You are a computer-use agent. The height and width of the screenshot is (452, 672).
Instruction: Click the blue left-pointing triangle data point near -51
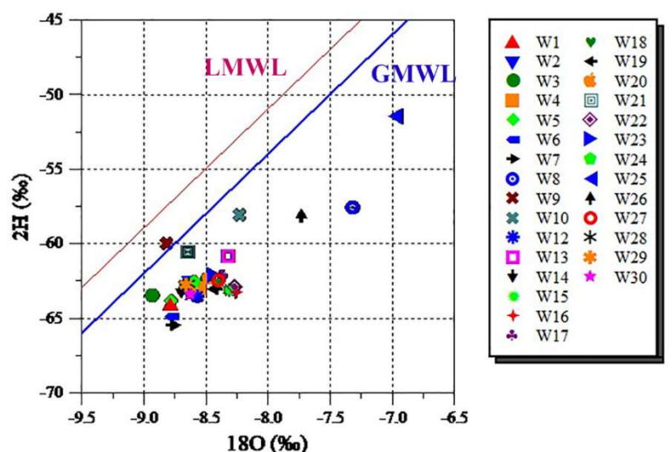[x=396, y=116]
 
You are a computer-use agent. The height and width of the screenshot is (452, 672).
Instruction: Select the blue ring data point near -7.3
[x=353, y=207]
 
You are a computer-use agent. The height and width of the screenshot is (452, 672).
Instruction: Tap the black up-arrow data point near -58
[x=301, y=215]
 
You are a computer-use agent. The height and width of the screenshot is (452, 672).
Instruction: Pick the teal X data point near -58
[x=239, y=215]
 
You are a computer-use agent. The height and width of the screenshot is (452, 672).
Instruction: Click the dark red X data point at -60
[x=167, y=243]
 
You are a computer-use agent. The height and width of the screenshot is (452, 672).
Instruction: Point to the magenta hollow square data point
[x=227, y=256]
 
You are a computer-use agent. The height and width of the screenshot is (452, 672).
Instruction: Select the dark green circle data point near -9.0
[x=152, y=296]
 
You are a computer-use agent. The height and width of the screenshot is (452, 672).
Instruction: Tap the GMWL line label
[x=413, y=75]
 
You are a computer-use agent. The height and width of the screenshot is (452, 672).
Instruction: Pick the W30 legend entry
[x=628, y=276]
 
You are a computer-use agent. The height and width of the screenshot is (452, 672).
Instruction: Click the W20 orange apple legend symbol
[x=591, y=81]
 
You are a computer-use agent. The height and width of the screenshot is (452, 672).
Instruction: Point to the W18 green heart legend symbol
[x=591, y=42]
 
